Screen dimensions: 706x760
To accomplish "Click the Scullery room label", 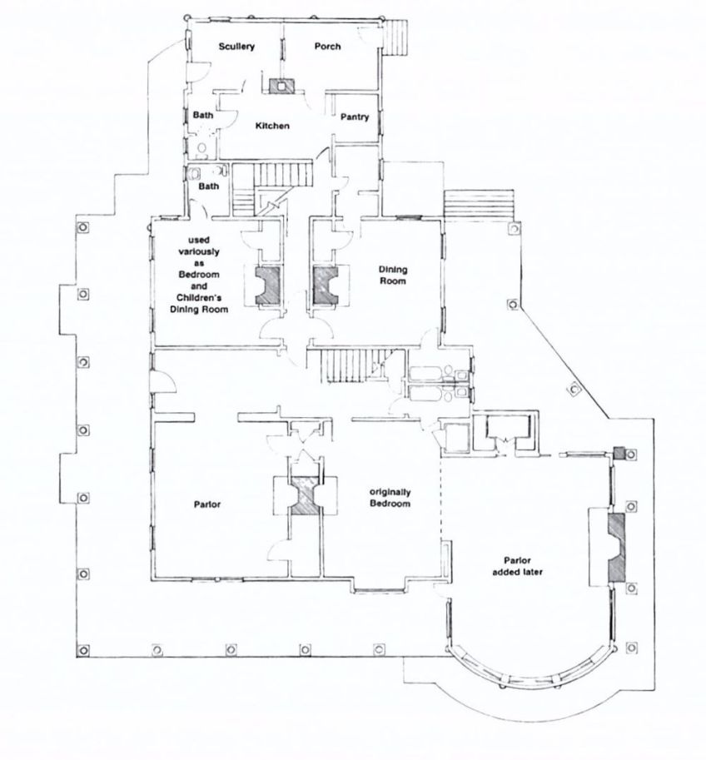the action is tap(236, 47).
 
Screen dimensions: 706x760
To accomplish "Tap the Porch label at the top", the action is tap(327, 46).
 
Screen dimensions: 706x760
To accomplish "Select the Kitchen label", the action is tap(272, 126).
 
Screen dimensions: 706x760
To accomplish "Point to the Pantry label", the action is tap(355, 117).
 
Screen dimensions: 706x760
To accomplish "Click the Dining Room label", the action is tap(393, 275).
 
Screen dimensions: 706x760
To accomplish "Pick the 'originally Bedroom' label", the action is tap(390, 498).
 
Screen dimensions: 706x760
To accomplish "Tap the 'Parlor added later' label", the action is tap(517, 566).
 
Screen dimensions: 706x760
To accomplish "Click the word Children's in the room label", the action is tap(199, 297).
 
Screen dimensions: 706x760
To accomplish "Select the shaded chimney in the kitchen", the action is tap(281, 87).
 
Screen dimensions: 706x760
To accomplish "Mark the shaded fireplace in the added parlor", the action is tap(616, 547).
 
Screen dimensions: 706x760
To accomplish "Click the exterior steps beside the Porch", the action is tap(396, 37).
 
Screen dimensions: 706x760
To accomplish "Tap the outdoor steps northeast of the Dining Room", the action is tap(479, 206).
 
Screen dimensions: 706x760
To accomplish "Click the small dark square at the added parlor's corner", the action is tap(619, 454).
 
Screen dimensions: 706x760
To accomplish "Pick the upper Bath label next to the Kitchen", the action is tap(202, 115).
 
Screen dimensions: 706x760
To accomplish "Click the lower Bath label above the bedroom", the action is tap(208, 186).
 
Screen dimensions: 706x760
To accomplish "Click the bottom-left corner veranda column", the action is tap(83, 649).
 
